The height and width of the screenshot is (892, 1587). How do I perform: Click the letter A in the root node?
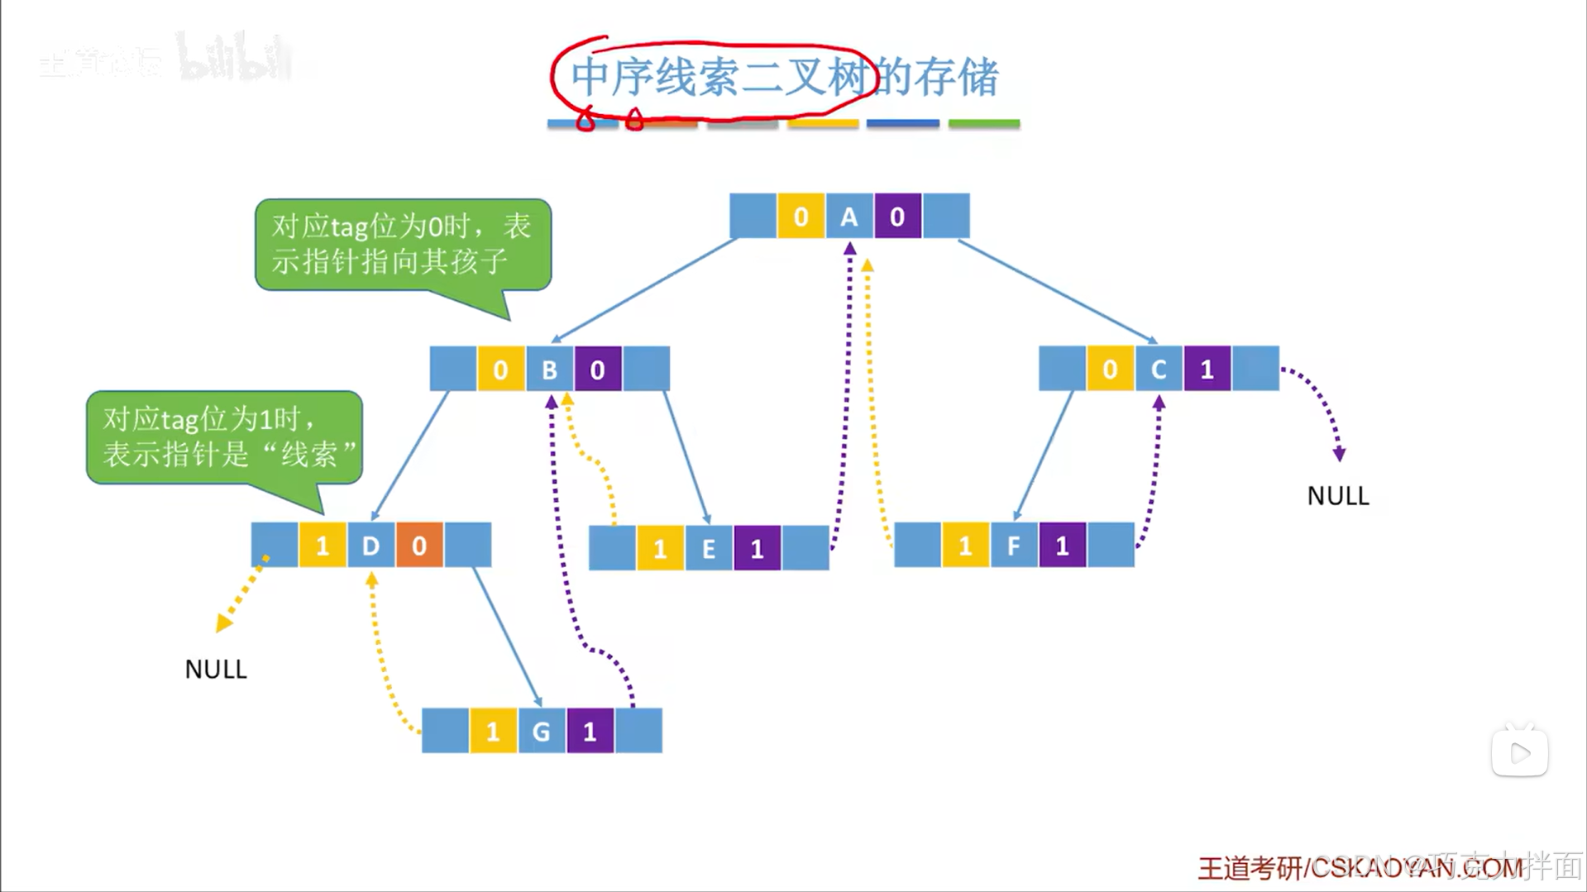[849, 217]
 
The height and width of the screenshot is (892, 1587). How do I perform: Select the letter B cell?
[549, 369]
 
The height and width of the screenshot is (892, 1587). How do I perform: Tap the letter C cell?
[1159, 369]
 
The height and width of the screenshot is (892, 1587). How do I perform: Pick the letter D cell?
[370, 546]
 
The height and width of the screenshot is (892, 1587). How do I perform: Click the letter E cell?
[709, 549]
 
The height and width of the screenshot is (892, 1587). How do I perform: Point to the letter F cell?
[1014, 546]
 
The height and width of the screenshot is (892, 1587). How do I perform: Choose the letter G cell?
[542, 731]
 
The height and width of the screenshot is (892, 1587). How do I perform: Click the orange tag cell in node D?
[419, 546]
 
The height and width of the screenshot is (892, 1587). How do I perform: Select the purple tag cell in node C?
[1207, 369]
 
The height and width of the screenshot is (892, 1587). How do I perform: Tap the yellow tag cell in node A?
[801, 217]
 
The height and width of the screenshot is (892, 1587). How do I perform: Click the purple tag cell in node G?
[590, 731]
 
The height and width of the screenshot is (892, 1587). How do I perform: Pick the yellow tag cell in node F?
[965, 546]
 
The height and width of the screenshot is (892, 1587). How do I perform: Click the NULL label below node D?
[216, 669]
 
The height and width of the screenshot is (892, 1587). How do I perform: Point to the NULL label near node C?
[1338, 496]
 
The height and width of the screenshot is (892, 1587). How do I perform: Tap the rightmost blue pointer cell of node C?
[1255, 369]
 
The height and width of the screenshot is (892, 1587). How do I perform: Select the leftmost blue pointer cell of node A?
[753, 217]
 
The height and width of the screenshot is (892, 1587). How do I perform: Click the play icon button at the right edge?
[1519, 752]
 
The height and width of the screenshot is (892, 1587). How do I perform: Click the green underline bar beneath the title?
[983, 124]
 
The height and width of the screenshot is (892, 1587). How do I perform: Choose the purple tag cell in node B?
[598, 369]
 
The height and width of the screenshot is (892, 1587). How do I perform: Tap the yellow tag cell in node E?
[660, 549]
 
